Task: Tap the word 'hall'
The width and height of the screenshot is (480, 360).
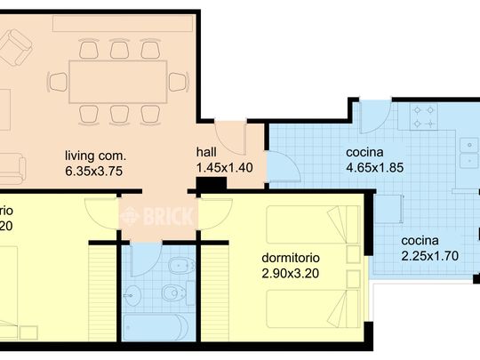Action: (205, 152)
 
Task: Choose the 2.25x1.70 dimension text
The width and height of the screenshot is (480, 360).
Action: (429, 256)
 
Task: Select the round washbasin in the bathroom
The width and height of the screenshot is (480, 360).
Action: (135, 292)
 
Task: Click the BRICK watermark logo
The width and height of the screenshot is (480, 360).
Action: (142, 215)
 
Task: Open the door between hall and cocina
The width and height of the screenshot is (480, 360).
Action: (277, 165)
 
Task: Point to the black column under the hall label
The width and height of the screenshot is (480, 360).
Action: (211, 185)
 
